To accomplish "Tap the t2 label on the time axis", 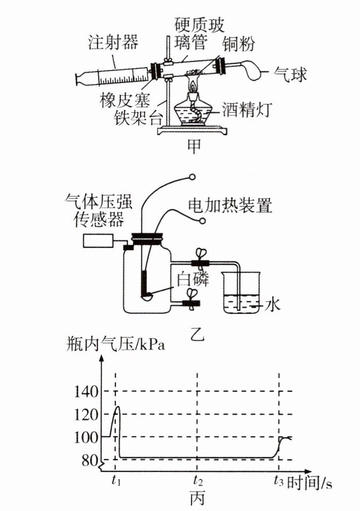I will pos(198,479).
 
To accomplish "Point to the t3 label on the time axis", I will pos(278,479).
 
